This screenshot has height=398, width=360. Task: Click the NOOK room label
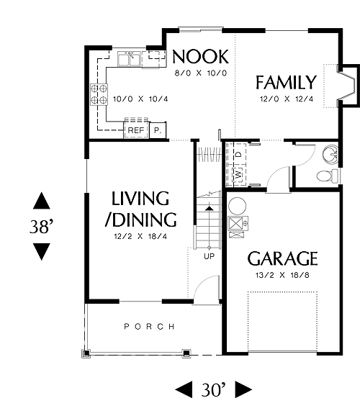point(201,57)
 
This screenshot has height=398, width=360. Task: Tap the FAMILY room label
point(286,82)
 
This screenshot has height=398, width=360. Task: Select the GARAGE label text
point(282,258)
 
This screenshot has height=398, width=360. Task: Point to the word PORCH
point(149,327)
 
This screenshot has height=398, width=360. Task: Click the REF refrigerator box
point(136,130)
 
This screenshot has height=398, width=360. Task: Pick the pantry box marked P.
point(158,130)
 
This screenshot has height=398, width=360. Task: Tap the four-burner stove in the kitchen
point(99,94)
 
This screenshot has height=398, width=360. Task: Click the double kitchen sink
point(129,59)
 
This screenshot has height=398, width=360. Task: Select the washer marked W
point(238,175)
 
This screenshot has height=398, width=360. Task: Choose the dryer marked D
point(238,154)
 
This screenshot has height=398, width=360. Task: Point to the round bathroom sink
point(330,153)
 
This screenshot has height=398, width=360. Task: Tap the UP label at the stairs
point(210,256)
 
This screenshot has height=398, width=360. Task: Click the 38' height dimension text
point(42,227)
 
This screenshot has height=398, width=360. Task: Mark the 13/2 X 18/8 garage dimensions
point(282,275)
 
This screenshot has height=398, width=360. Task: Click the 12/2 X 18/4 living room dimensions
point(140,237)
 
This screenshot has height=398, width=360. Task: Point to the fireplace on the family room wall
point(348,85)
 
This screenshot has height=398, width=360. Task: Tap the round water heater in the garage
point(237,206)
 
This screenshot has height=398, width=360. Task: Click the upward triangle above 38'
point(42,201)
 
